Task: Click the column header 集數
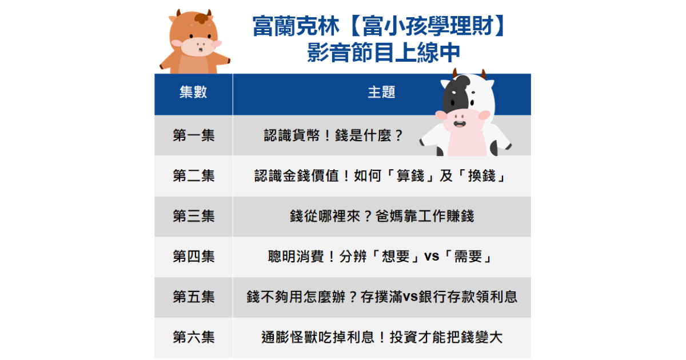(193, 93)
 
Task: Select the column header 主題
(381, 93)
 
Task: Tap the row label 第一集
(193, 135)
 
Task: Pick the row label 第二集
(193, 176)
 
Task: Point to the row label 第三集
(193, 217)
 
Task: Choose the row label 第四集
(193, 257)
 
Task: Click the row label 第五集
(193, 297)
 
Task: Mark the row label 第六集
(193, 338)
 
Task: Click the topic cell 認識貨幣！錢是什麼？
(334, 135)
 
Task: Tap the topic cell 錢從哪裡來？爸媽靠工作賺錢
(381, 217)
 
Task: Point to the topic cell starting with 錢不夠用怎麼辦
(381, 297)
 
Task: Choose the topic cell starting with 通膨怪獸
(381, 338)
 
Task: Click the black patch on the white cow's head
(455, 91)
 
